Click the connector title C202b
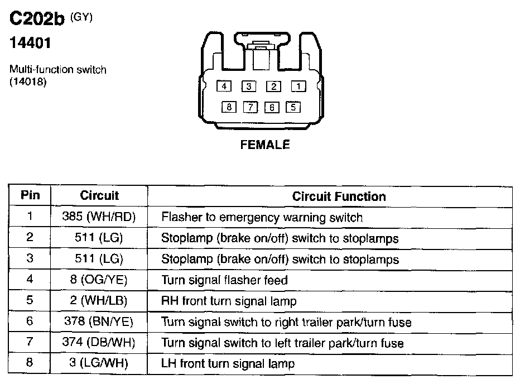[x=38, y=20]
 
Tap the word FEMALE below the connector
[x=265, y=145]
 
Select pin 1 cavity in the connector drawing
[x=299, y=86]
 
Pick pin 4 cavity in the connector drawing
[x=224, y=86]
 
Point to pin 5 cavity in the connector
[x=293, y=107]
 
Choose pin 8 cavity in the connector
[x=229, y=107]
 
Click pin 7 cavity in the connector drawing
[x=251, y=107]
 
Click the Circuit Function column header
[x=339, y=196]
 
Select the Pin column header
[x=30, y=195]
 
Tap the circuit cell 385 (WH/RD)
[x=99, y=217]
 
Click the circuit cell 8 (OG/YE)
[x=99, y=280]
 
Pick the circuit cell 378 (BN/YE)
[x=99, y=322]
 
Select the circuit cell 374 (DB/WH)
[x=99, y=343]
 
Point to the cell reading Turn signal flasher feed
[x=224, y=280]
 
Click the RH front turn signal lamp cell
[x=229, y=301]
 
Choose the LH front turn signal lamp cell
[x=228, y=364]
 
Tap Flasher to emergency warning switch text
[x=262, y=217]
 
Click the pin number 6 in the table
[x=30, y=321]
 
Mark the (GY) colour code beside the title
[x=81, y=17]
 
